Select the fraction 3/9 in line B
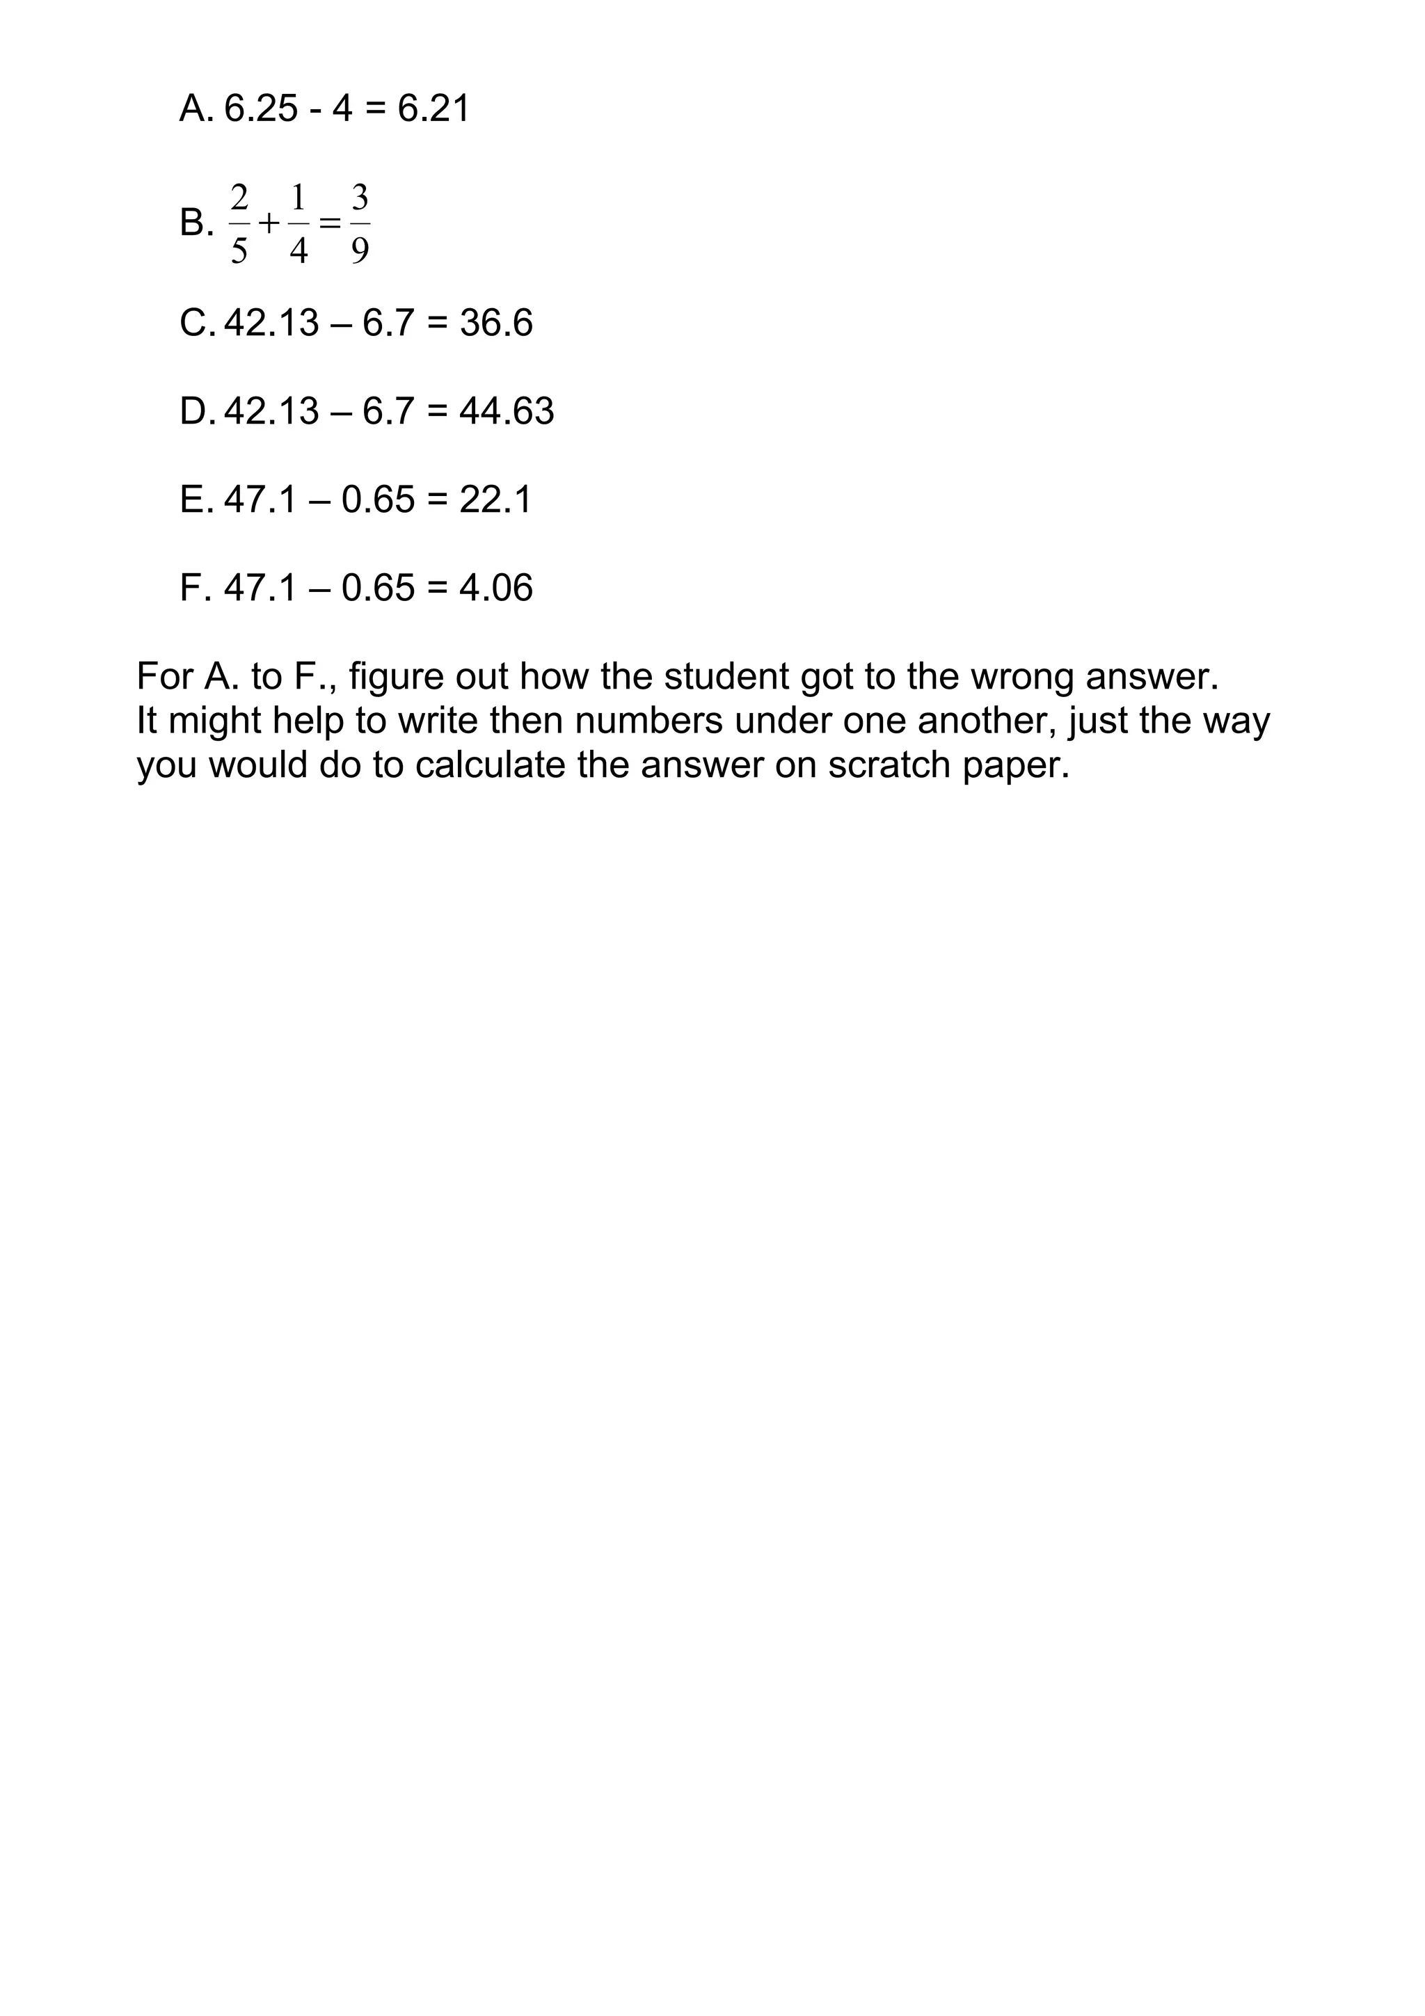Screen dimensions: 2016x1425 [360, 224]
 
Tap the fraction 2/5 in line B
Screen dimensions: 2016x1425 [239, 224]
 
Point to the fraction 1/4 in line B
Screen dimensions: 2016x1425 [298, 224]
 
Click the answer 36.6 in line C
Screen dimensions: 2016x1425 [496, 323]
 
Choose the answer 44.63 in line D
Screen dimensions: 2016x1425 [507, 411]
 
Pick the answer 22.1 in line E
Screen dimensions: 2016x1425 [495, 499]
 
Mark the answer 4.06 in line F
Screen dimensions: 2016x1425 [495, 587]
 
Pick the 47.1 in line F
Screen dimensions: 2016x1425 [261, 587]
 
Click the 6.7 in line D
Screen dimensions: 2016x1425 [388, 411]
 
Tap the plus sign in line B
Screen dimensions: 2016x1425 [269, 224]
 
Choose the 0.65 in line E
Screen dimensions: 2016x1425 [378, 499]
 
